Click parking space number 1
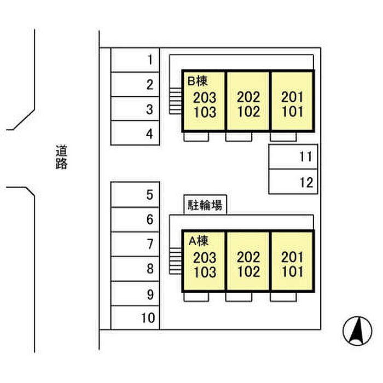point(135,60)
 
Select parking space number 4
point(135,133)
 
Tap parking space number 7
point(135,244)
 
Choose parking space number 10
point(135,317)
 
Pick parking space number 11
point(293,156)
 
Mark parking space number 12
point(293,182)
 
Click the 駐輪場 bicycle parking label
point(205,205)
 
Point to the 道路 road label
point(61,157)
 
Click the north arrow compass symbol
point(357,330)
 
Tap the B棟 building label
point(198,81)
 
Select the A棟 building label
point(199,241)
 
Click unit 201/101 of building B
point(292,101)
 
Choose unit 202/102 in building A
point(248,261)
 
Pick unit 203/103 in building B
point(204,101)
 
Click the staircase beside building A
point(176,261)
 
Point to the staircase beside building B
point(176,101)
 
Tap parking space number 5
point(135,195)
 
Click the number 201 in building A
point(292,257)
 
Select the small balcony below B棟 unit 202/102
point(239,137)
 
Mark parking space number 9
point(135,293)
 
